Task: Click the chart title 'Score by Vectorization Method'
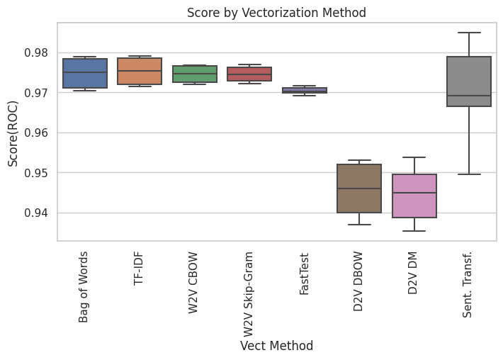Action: click(276, 13)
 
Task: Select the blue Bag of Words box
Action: click(85, 73)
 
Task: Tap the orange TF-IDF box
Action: click(140, 71)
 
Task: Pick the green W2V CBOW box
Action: click(195, 74)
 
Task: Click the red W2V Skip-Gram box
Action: click(249, 74)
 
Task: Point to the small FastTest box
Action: click(305, 90)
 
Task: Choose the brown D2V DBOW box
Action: click(359, 189)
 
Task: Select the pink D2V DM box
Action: click(414, 196)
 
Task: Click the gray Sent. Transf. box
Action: click(469, 81)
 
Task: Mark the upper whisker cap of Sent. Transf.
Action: click(469, 33)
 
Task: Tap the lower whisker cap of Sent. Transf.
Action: click(469, 174)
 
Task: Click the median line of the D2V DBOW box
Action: click(359, 189)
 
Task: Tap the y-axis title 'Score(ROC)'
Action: click(13, 133)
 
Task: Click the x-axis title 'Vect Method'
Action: click(276, 346)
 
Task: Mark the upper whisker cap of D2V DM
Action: click(414, 157)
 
